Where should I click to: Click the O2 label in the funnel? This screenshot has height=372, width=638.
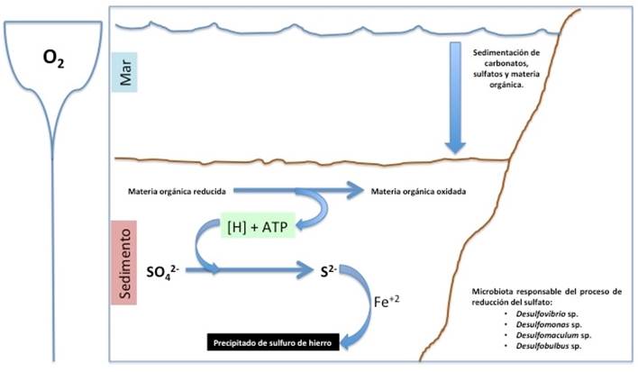[53, 59]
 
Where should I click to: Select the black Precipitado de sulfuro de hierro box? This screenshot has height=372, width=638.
[272, 342]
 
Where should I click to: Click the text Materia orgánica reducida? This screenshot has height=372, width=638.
[176, 191]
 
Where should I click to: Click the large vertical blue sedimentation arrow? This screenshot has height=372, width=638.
[458, 99]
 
